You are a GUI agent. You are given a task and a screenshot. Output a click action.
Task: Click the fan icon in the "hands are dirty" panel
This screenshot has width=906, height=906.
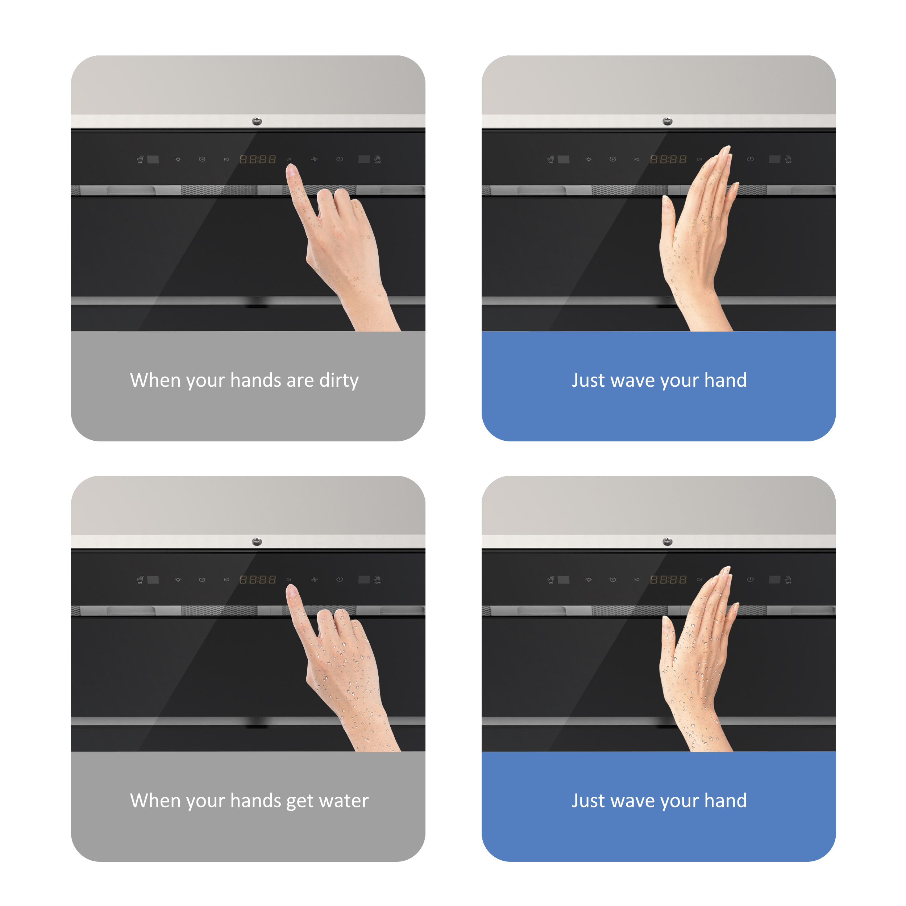(x=314, y=159)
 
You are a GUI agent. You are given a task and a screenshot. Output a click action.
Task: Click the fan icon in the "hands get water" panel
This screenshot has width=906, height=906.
(x=314, y=579)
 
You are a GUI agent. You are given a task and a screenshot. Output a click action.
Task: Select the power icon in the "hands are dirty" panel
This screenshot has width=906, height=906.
(x=340, y=159)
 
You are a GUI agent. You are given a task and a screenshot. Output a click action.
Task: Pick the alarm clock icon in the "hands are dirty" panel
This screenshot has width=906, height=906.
(x=202, y=159)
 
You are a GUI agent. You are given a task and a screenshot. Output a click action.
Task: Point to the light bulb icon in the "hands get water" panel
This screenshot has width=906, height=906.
(x=178, y=579)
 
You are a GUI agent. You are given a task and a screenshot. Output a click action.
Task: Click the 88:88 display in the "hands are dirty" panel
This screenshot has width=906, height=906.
(x=257, y=159)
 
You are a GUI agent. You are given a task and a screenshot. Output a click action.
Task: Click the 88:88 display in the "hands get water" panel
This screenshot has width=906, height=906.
(x=257, y=579)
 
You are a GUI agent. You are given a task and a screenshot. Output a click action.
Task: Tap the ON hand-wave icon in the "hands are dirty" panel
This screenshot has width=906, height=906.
(x=140, y=159)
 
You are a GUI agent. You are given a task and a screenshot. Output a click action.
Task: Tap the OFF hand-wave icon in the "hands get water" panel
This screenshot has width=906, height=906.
(x=378, y=579)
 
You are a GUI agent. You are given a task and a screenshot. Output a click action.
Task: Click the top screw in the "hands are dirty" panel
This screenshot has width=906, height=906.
(x=257, y=121)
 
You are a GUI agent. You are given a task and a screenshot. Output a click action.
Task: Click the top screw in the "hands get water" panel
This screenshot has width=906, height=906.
(x=257, y=542)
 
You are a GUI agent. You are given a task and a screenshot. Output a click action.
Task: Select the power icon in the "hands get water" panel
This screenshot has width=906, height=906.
(x=340, y=579)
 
